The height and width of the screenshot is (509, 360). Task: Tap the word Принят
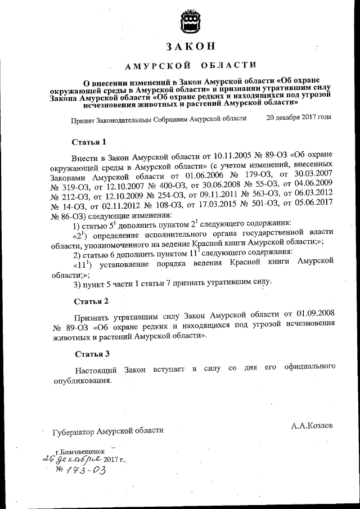(x=83, y=119)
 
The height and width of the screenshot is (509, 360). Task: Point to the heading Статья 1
(x=89, y=141)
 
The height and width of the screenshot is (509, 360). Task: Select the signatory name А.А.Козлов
(x=312, y=426)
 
